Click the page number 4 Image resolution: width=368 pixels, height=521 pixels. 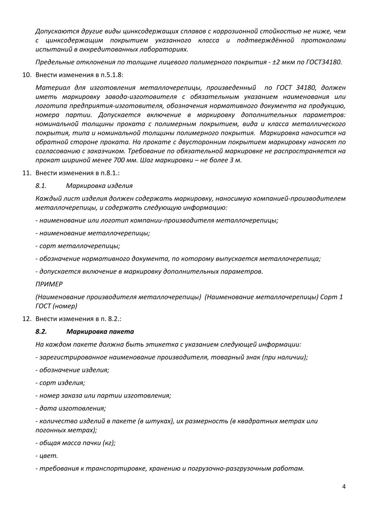(x=343, y=487)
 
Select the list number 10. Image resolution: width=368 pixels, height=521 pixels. (x=27, y=74)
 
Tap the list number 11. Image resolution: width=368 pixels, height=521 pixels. (x=27, y=173)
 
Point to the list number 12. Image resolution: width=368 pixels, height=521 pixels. (x=27, y=319)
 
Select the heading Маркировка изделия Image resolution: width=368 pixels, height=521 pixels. (x=99, y=186)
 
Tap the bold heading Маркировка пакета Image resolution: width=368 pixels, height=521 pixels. (x=100, y=332)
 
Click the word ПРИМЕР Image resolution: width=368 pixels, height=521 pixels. (x=49, y=283)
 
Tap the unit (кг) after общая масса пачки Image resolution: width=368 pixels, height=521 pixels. (x=108, y=443)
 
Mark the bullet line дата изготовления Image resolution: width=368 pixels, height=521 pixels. (x=70, y=408)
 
